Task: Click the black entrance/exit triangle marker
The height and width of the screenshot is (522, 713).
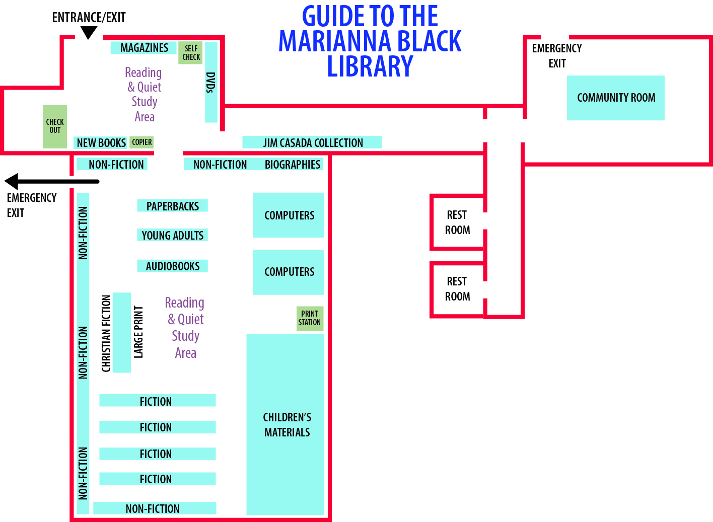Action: point(89,33)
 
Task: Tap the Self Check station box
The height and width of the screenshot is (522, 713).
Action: point(191,53)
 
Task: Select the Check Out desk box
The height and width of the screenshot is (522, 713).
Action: point(55,126)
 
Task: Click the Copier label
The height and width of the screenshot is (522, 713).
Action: point(141,142)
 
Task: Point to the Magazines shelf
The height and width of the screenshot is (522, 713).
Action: point(144,48)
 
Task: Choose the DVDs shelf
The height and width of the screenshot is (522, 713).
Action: point(211,82)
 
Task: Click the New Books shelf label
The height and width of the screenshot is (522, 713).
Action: point(101,143)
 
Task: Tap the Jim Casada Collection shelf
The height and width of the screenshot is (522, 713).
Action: point(312,142)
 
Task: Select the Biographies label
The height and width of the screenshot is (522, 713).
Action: point(293,165)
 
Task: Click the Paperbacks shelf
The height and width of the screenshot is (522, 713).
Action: point(172,206)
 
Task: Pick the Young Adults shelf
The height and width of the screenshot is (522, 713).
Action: point(172,235)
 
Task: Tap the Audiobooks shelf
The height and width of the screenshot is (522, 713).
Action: point(172,266)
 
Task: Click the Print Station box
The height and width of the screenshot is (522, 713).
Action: point(309,318)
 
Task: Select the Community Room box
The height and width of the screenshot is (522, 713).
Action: point(615,98)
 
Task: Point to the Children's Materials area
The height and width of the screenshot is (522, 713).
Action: point(286,424)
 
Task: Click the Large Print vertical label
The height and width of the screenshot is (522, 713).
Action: point(138,332)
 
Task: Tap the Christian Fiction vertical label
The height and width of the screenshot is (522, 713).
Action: point(106,333)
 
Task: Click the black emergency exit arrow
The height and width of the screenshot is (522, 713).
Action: point(50,181)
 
